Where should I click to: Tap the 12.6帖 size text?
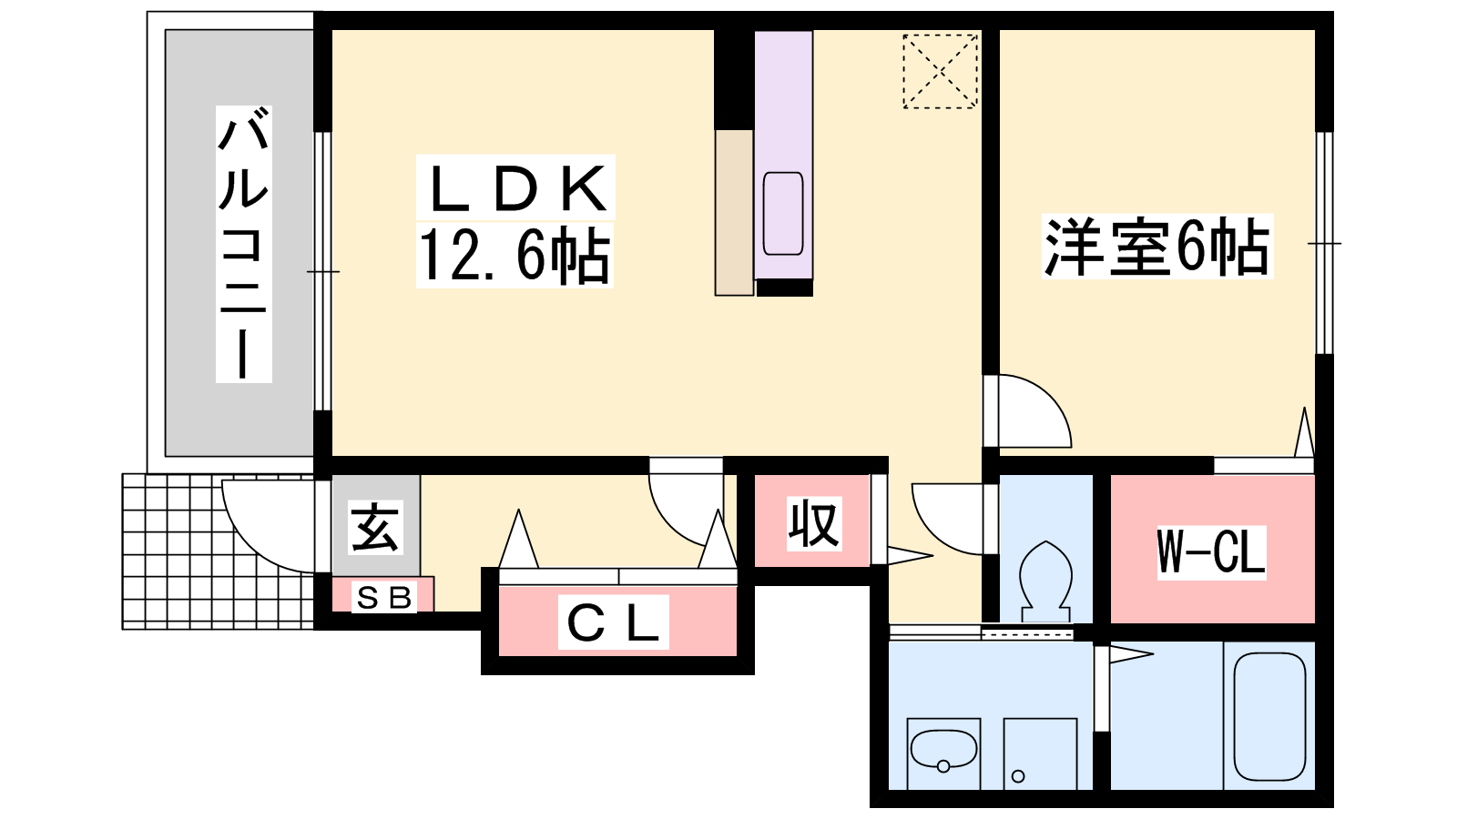515,256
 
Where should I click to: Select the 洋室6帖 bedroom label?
1157,247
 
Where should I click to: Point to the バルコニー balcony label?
243,244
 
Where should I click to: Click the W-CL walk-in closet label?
1211,551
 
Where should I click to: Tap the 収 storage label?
814,523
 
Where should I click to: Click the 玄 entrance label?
374,527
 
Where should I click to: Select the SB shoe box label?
383,597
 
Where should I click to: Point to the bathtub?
1269,716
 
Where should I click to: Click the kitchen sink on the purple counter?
783,214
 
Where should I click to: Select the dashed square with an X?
941,71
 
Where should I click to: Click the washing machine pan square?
1040,754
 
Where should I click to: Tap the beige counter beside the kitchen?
734,213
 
